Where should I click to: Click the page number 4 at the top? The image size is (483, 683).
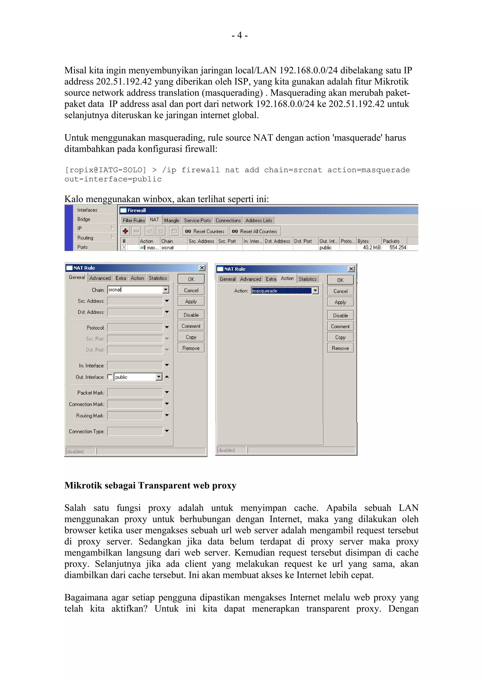point(240,35)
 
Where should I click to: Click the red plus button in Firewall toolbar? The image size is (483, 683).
point(125,231)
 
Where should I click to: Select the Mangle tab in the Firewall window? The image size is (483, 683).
point(171,220)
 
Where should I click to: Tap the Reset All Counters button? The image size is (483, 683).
point(255,231)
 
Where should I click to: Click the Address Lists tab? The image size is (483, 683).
point(258,220)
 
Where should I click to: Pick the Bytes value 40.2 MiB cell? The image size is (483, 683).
point(371,247)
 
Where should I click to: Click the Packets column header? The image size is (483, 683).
point(391,241)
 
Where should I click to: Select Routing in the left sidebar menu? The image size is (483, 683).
point(85,238)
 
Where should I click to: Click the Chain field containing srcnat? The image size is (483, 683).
point(135,290)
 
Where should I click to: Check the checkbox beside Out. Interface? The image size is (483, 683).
point(110,377)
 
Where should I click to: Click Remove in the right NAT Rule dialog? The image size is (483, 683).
point(340,348)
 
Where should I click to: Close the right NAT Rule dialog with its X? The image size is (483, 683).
point(351,269)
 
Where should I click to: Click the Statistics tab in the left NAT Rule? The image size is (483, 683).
point(158,278)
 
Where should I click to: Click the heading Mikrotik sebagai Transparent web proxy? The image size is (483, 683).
point(150,485)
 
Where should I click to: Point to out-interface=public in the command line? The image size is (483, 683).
point(113,179)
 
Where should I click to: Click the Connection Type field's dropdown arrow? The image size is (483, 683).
point(167,431)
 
